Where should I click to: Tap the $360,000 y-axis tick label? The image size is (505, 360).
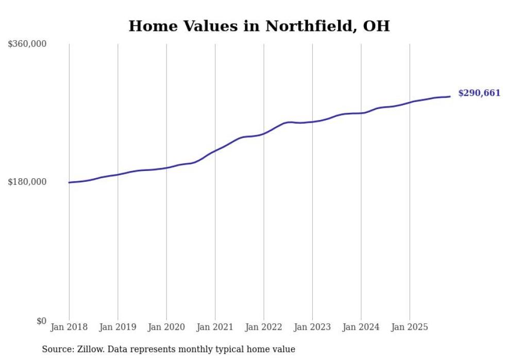(x=27, y=44)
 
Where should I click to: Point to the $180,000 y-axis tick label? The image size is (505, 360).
(x=27, y=182)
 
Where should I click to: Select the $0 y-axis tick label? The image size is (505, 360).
(x=41, y=321)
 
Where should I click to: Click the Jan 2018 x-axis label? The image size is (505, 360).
(x=69, y=327)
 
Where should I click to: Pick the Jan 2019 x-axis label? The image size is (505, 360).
(x=117, y=327)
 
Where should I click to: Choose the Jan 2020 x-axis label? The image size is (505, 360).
(x=166, y=327)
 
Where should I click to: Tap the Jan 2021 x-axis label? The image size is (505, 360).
(x=215, y=327)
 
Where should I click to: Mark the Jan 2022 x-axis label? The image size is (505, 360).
(x=264, y=327)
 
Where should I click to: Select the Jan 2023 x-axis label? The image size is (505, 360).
(x=312, y=327)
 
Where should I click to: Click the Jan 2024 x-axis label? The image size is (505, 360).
(x=361, y=327)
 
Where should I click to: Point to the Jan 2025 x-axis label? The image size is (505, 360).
(x=410, y=327)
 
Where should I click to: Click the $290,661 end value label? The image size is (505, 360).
(x=479, y=93)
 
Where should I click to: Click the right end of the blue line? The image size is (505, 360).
(x=450, y=96)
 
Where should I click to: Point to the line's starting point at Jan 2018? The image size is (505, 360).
(x=69, y=182)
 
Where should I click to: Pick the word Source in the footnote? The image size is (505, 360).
(x=57, y=350)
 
